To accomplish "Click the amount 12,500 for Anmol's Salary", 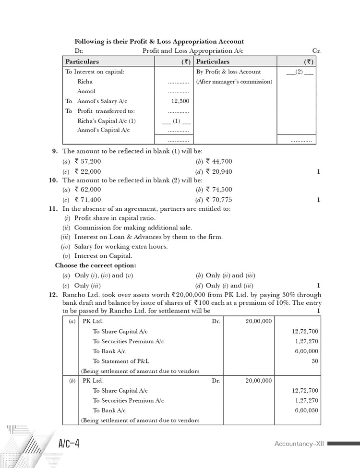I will coord(180,101).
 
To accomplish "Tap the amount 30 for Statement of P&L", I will coord(314,361).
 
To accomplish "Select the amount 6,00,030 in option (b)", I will coord(308,410).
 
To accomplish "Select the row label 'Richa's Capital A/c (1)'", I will coord(107,121).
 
